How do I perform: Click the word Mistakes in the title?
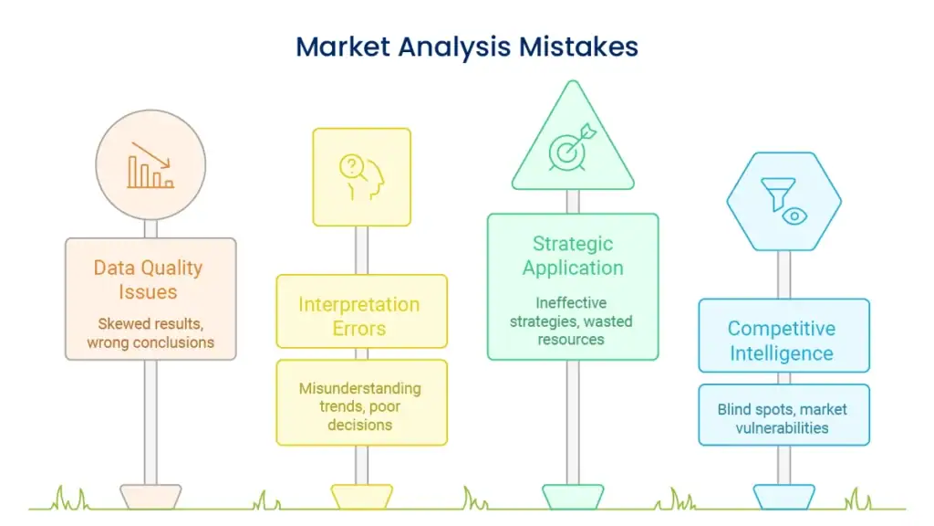click(x=578, y=47)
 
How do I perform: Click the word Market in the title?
click(x=343, y=47)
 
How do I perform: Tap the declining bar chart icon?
click(x=150, y=165)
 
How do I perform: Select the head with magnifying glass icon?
click(x=361, y=177)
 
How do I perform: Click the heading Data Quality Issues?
click(x=149, y=279)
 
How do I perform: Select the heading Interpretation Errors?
click(x=359, y=316)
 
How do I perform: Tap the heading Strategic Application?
click(x=573, y=256)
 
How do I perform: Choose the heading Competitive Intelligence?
click(x=782, y=341)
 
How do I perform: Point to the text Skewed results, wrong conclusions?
click(x=150, y=332)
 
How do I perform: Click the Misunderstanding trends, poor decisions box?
click(x=361, y=403)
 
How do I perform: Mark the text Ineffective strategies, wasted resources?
click(x=571, y=321)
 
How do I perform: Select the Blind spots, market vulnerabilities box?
click(x=784, y=416)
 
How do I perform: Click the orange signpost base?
click(x=150, y=497)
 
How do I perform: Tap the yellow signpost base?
click(x=361, y=497)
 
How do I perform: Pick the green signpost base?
click(x=573, y=497)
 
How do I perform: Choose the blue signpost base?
click(x=784, y=497)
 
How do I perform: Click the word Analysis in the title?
click(x=454, y=47)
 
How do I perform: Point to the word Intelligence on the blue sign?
click(x=782, y=353)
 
